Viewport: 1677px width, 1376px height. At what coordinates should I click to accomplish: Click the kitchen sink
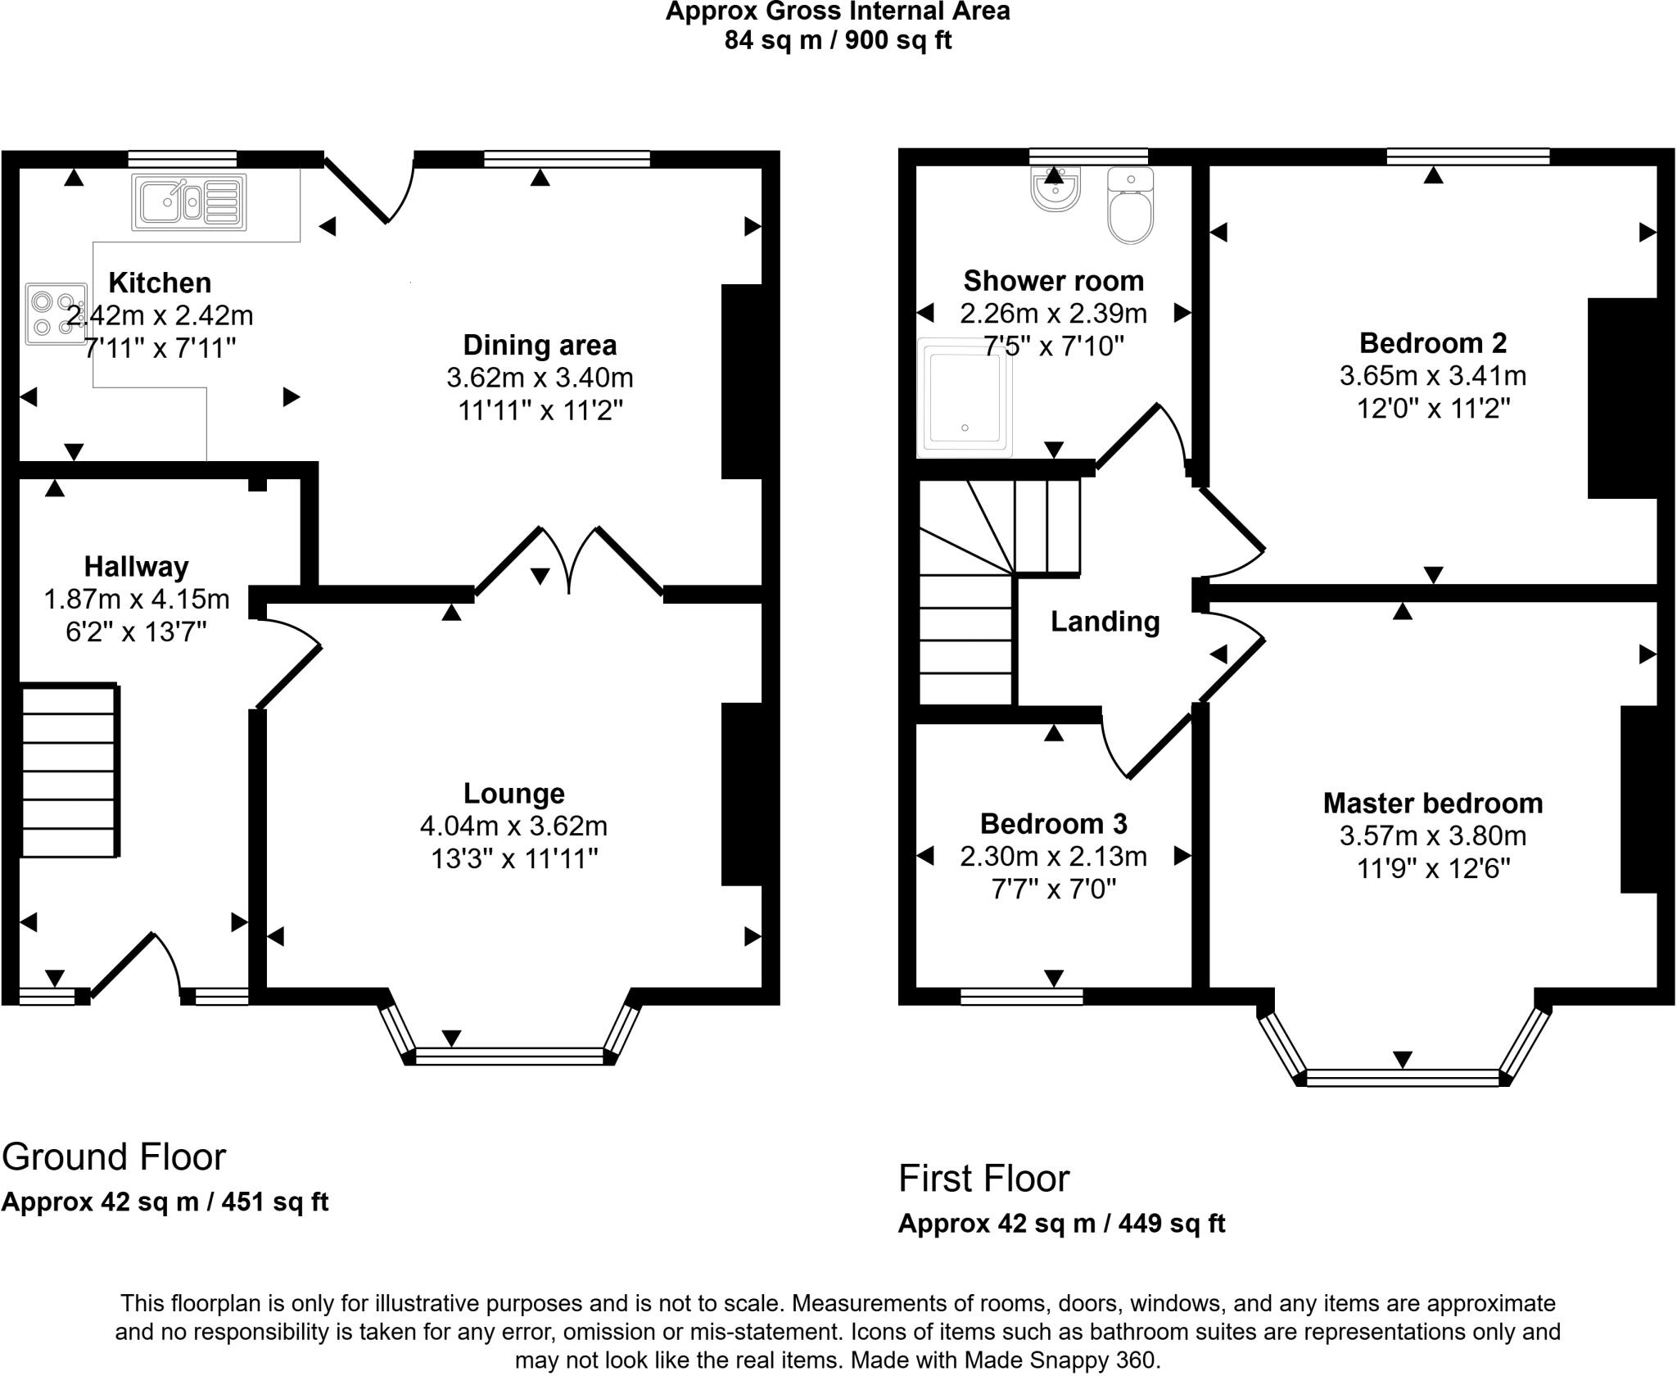point(189,201)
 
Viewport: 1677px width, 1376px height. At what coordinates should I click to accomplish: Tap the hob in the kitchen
point(56,314)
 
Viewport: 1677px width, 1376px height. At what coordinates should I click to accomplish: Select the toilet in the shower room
point(1130,206)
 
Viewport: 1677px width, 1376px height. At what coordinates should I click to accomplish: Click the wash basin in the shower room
point(1055,189)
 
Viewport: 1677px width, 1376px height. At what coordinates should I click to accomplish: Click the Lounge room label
point(513,793)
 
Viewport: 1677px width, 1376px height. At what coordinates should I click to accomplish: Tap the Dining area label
point(540,345)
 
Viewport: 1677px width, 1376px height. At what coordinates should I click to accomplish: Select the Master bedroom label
point(1432,803)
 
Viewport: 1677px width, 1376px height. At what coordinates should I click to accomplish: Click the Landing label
point(1105,622)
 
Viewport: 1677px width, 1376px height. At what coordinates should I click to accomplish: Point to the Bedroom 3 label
point(1053,822)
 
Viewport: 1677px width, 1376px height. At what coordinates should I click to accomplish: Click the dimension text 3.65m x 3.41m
point(1432,376)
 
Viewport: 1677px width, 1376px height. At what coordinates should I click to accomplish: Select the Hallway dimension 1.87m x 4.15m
point(136,600)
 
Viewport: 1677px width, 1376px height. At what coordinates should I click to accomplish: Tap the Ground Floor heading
point(114,1156)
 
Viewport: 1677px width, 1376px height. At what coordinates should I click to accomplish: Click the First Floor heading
point(983,1179)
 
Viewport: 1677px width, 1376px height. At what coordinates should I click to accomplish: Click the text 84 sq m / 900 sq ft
point(838,40)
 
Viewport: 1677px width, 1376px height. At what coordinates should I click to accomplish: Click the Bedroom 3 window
point(1021,996)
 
